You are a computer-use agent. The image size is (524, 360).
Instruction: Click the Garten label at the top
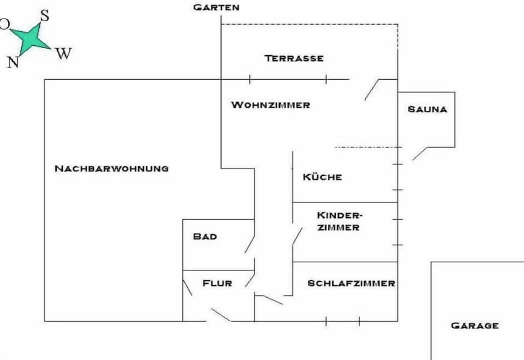(216, 7)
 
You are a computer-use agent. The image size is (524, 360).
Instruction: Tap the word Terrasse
(294, 58)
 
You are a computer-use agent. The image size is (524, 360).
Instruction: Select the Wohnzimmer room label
(271, 105)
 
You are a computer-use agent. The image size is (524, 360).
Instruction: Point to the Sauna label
(427, 109)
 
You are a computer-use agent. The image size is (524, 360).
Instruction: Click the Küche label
(323, 176)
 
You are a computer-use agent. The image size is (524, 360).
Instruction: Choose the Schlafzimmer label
(351, 284)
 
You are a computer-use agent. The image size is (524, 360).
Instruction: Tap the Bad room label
(205, 237)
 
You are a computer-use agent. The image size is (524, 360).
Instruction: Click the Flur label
(217, 284)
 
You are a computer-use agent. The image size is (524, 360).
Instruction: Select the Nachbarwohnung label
(111, 168)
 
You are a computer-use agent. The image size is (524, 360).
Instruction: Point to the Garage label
(475, 326)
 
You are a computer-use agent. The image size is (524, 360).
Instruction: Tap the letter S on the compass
(45, 15)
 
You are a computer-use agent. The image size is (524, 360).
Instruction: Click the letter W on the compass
(63, 53)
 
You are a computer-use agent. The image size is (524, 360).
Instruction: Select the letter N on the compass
(13, 62)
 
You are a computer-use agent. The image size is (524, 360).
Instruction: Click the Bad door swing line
(249, 245)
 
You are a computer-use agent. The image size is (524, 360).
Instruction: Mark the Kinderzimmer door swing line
(297, 236)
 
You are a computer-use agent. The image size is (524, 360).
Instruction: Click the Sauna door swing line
(420, 154)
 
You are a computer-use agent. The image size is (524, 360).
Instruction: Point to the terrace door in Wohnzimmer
(372, 90)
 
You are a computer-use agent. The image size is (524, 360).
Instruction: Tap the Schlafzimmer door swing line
(273, 300)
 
